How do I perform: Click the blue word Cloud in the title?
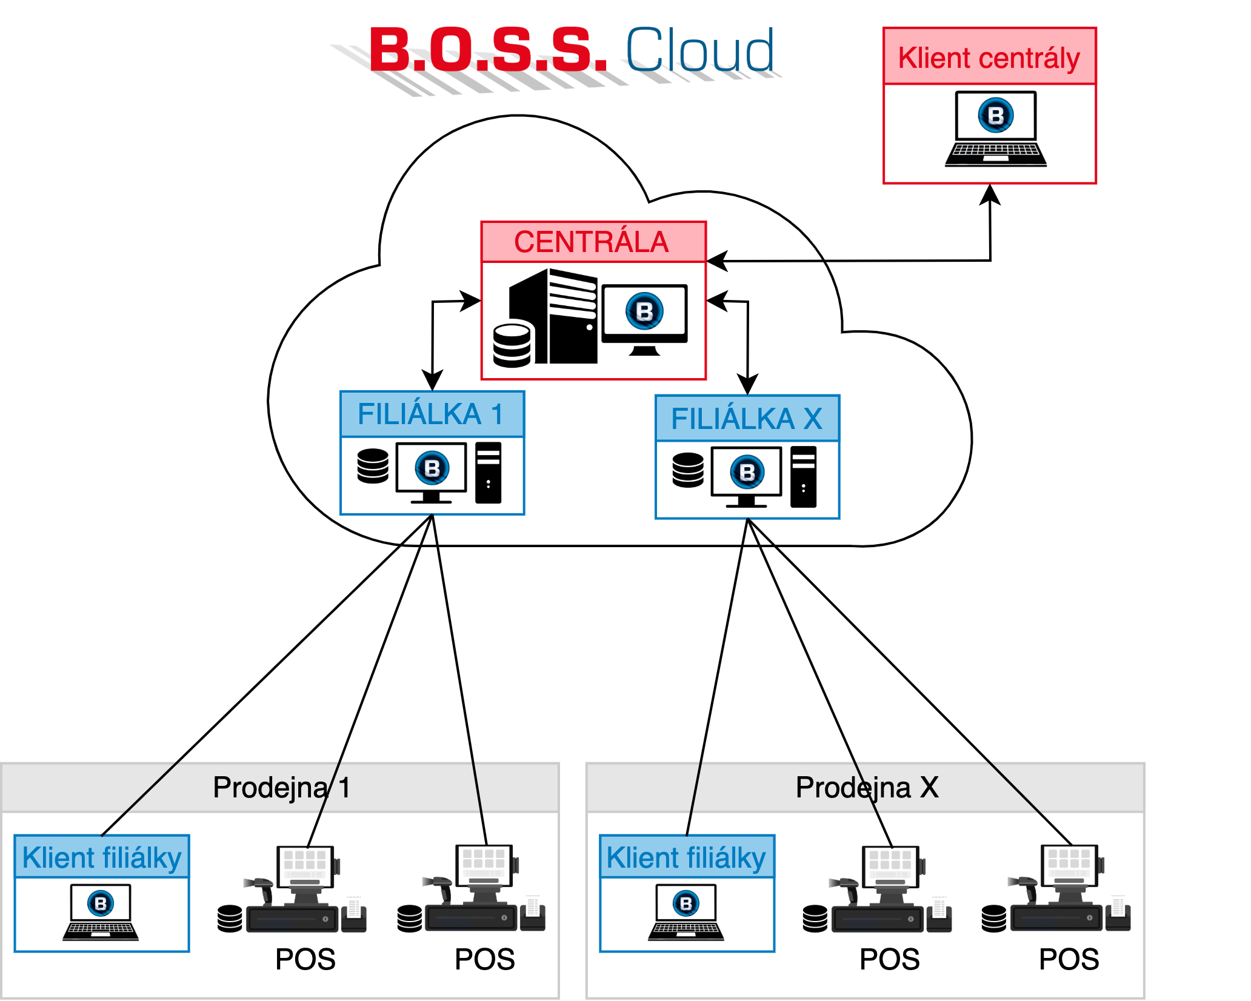tap(700, 50)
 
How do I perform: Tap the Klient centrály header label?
tap(989, 58)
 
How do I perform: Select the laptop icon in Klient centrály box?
tap(995, 129)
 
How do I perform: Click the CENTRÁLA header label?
tap(592, 242)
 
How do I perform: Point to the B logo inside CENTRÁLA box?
tap(644, 311)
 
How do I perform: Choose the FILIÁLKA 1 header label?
tap(431, 414)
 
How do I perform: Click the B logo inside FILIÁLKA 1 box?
tap(432, 468)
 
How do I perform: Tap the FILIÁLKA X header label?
tap(747, 419)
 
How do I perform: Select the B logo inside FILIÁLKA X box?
tap(747, 472)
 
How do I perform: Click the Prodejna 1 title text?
tap(281, 788)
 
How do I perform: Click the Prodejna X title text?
tap(867, 788)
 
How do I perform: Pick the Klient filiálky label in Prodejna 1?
tap(102, 857)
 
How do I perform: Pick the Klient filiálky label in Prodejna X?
tap(687, 857)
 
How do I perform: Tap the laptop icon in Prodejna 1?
tap(101, 913)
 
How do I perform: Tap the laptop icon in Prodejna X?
tap(686, 913)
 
